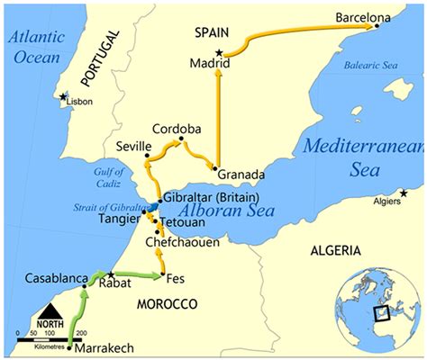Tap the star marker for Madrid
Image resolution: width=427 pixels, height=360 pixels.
pyautogui.click(x=219, y=53)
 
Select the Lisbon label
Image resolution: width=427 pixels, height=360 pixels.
pyautogui.click(x=81, y=103)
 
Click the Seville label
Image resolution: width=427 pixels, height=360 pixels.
pyautogui.click(x=133, y=146)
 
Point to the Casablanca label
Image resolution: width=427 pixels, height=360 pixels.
pyautogui.click(x=55, y=277)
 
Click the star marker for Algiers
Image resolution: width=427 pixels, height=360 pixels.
pyautogui.click(x=404, y=193)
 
